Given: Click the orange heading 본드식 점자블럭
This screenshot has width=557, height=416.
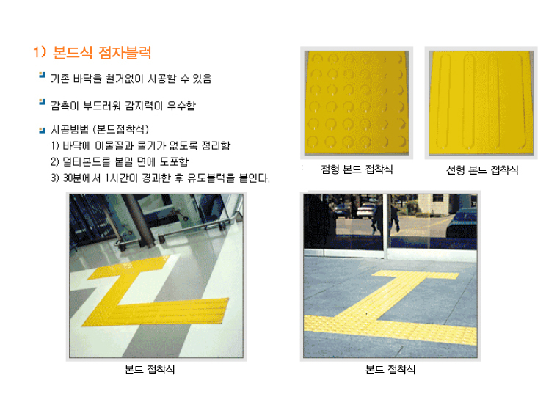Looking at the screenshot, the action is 101,53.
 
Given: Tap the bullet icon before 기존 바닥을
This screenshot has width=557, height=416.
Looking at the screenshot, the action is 42,75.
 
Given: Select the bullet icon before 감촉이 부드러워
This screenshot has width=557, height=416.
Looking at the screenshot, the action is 42,102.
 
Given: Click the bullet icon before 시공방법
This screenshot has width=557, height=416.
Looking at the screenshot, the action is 42,130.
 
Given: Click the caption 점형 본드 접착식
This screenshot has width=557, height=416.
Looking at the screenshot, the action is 357,169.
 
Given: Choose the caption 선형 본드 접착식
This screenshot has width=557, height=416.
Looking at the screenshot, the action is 482,169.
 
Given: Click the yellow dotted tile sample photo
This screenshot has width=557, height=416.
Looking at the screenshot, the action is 357,103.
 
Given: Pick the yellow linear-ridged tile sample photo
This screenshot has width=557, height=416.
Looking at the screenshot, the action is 481,103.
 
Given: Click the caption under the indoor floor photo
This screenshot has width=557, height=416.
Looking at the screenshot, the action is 150,370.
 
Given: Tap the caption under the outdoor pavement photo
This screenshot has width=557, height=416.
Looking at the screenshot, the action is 390,370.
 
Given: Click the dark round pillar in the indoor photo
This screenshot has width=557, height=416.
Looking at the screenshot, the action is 138,220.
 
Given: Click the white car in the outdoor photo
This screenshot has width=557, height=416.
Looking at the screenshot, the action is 365,211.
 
